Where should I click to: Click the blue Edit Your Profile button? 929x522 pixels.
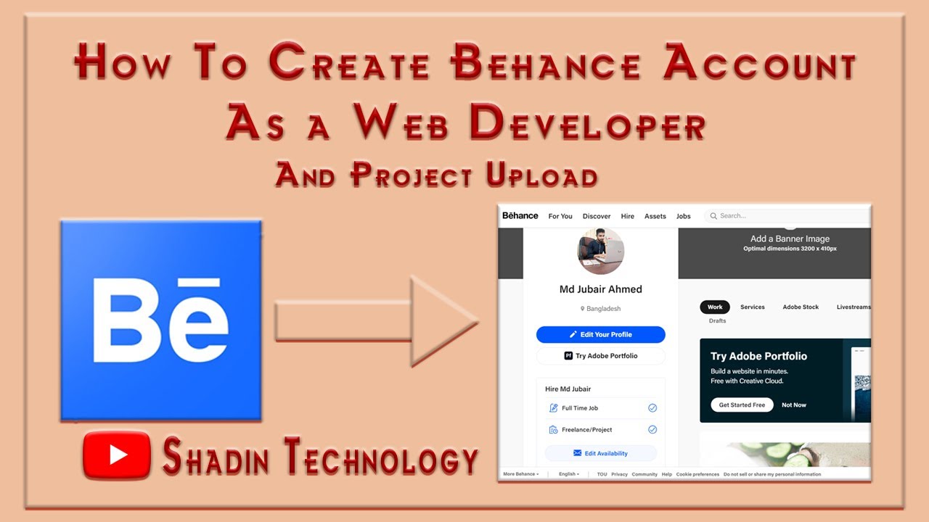click(600, 334)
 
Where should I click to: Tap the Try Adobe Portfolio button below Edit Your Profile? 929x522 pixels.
click(600, 356)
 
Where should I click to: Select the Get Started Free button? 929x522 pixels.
click(742, 405)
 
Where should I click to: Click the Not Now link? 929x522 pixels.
click(793, 405)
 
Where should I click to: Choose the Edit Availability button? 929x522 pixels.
click(600, 453)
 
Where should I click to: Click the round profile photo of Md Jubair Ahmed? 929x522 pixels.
click(600, 251)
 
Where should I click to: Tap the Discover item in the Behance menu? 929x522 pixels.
click(597, 216)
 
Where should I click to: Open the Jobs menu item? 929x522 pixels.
click(683, 216)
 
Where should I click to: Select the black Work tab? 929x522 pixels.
click(715, 307)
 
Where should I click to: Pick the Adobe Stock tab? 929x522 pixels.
click(801, 307)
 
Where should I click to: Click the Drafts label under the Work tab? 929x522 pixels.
click(717, 320)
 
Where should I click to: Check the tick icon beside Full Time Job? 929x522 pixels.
click(652, 408)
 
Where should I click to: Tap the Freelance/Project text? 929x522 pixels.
click(586, 430)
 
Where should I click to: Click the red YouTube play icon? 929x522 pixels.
click(117, 455)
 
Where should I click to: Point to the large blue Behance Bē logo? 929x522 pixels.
click(160, 320)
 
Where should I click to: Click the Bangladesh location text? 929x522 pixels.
click(603, 309)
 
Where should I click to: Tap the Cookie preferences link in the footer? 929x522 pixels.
click(697, 474)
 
